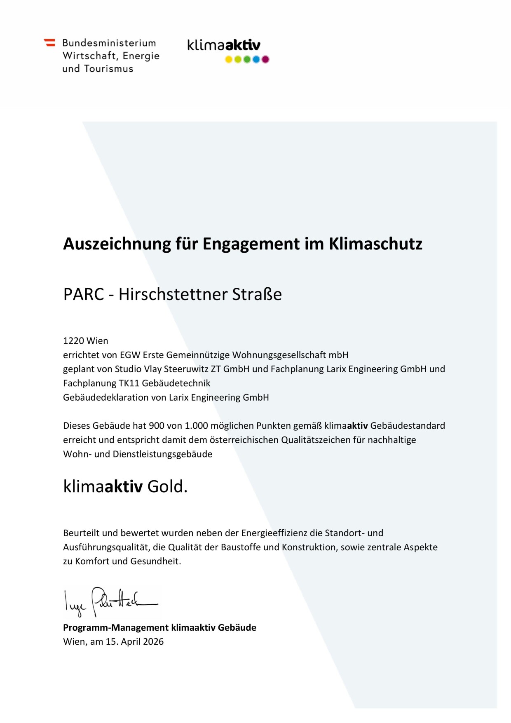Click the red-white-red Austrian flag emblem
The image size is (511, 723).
click(x=49, y=42)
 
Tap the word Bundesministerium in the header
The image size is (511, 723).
click(x=109, y=43)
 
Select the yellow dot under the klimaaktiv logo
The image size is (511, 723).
click(x=229, y=59)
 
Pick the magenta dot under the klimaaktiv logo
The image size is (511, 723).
click(x=265, y=59)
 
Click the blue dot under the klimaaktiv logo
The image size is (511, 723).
click(x=256, y=59)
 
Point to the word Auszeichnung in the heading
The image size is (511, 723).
click(x=117, y=244)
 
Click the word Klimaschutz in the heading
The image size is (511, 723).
click(x=375, y=244)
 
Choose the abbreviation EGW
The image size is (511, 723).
click(x=130, y=355)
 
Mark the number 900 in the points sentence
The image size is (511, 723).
click(x=156, y=426)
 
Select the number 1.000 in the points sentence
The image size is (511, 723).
click(x=196, y=426)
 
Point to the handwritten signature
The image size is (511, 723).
click(x=109, y=601)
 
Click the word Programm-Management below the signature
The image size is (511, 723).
click(x=115, y=628)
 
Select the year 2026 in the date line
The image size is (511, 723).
click(x=153, y=642)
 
